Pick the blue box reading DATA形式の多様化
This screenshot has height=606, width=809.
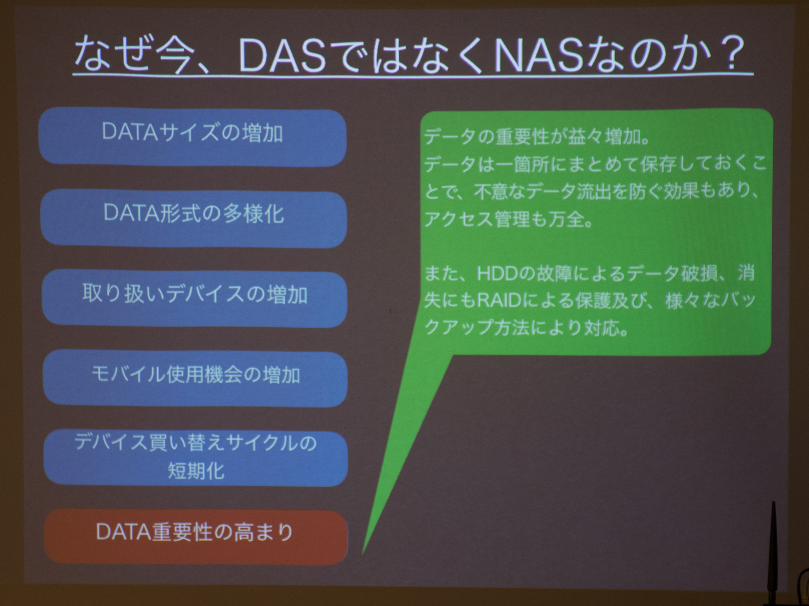(x=193, y=218)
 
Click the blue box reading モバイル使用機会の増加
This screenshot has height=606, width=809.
(x=195, y=378)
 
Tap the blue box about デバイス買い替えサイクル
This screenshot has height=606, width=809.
(x=195, y=458)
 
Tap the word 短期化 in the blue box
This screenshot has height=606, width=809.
(x=196, y=471)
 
